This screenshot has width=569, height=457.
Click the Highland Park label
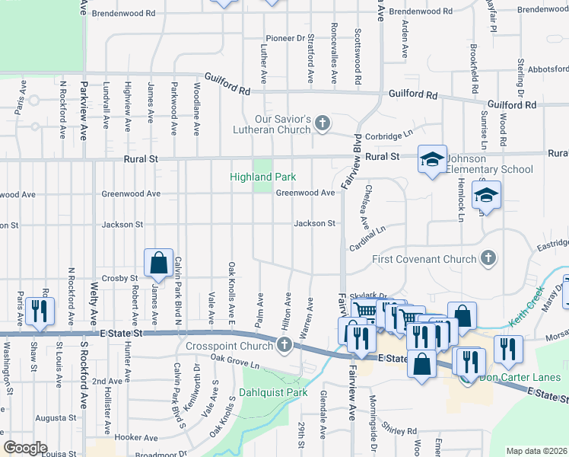click(262, 177)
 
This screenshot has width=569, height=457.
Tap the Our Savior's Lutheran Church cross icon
click(323, 123)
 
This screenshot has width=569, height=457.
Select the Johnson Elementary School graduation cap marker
click(432, 158)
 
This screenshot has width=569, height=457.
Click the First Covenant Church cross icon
click(488, 259)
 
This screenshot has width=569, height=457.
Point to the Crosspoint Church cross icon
click(284, 346)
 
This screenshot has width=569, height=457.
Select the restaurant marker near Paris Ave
click(36, 310)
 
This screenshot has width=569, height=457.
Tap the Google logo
click(25, 448)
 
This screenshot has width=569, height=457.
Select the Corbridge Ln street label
click(393, 135)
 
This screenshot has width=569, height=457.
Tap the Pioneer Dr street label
click(285, 38)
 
